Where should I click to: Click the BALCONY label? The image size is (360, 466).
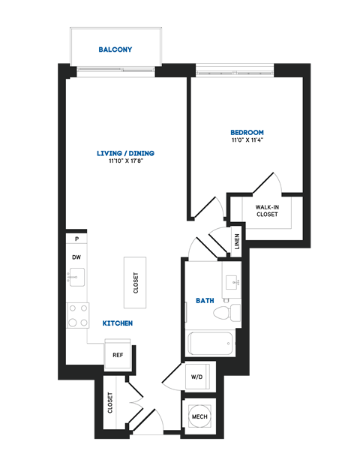click(115, 50)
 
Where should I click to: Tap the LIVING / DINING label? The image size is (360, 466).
click(124, 154)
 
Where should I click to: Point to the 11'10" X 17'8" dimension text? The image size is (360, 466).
click(124, 162)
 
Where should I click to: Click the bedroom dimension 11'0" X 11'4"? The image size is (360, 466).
click(247, 140)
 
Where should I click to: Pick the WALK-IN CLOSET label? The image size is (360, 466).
click(266, 210)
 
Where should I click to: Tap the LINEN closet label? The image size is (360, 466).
click(237, 242)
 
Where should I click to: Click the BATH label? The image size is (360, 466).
click(205, 300)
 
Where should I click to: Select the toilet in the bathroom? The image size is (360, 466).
click(235, 312)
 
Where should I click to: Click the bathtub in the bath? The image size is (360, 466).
click(211, 344)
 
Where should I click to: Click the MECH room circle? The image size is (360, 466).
click(199, 417)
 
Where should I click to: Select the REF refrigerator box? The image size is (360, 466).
click(118, 355)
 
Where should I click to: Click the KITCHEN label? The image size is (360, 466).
click(118, 323)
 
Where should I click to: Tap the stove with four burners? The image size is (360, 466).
click(76, 315)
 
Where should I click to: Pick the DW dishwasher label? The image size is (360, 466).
click(76, 257)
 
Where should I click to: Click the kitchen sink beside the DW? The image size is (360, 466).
click(76, 278)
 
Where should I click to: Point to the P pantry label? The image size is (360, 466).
click(76, 239)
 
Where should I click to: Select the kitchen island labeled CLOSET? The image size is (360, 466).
click(136, 282)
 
